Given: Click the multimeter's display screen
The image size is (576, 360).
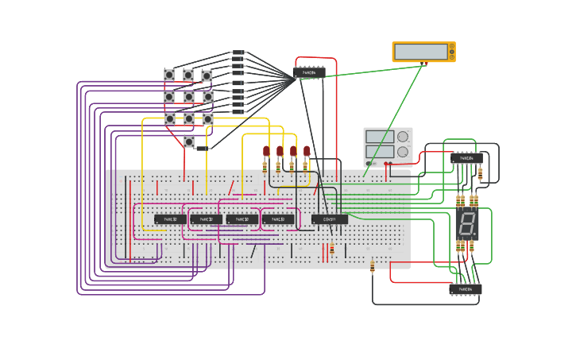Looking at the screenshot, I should [x=420, y=52].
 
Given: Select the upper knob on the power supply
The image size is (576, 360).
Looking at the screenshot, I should [x=403, y=137].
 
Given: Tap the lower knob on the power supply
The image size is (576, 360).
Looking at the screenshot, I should [x=403, y=152].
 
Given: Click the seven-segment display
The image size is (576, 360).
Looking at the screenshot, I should [x=467, y=224].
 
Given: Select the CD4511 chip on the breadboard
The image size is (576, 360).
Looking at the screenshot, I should [x=329, y=219].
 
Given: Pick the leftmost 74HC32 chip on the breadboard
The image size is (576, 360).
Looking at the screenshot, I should [x=170, y=219].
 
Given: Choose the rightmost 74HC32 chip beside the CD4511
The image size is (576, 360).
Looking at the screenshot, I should [x=278, y=219].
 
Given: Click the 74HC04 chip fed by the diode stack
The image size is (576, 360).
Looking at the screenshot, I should [x=308, y=73].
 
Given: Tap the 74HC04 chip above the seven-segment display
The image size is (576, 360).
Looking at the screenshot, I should [x=466, y=158].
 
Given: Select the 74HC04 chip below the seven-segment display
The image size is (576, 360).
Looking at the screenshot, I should [x=465, y=290].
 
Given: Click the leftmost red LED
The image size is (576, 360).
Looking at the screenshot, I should [x=266, y=150].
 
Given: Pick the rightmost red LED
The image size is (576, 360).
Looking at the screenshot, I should [x=307, y=150].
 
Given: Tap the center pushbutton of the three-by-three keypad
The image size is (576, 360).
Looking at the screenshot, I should [x=189, y=97].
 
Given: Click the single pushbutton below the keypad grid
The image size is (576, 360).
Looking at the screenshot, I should [x=189, y=141].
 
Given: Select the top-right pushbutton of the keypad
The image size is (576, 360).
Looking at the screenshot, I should [x=207, y=75].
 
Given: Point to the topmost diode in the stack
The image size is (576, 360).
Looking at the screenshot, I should [x=238, y=52].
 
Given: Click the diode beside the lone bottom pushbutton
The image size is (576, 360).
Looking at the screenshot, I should [x=203, y=149].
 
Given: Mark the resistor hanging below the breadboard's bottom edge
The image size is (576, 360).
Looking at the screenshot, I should [x=372, y=266].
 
